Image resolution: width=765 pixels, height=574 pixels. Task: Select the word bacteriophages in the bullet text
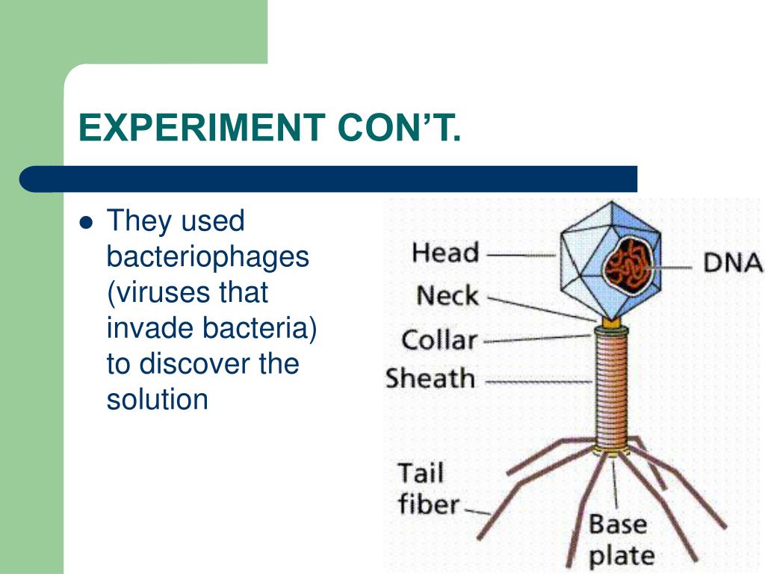(x=208, y=257)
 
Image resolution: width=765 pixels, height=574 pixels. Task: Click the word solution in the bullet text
(x=157, y=399)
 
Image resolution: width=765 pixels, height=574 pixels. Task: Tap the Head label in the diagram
(x=445, y=253)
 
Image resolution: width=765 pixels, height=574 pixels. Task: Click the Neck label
(x=447, y=296)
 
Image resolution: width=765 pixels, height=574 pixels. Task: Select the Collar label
(x=439, y=341)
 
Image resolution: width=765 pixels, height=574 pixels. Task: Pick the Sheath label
(x=430, y=379)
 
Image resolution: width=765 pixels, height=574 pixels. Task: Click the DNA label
(x=733, y=263)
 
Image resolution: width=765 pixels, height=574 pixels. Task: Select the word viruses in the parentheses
(x=153, y=292)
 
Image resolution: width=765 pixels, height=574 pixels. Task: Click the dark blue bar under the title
(x=329, y=179)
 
